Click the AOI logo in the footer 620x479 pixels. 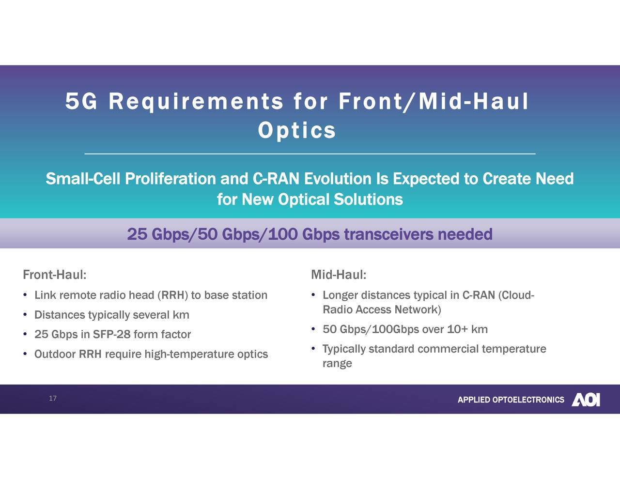point(586,400)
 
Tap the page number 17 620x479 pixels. point(53,398)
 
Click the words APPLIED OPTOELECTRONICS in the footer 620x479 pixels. point(511,400)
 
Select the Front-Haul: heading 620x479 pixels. point(55,275)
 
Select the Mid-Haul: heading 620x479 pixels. point(338,275)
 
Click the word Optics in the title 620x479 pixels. point(297,130)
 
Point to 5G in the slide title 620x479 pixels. point(81,101)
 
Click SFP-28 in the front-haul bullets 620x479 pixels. point(112,335)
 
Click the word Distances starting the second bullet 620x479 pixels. point(60,315)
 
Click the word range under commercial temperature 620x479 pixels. point(337,364)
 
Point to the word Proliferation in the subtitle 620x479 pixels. point(170,179)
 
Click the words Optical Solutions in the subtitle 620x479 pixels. point(340,200)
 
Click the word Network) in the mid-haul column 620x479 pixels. point(418,310)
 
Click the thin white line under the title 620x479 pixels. point(310,154)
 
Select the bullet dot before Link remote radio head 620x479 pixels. point(25,295)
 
